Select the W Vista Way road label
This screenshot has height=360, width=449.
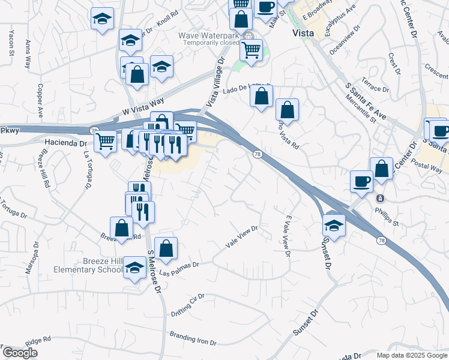pos(142,106)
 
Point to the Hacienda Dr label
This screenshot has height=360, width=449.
pos(67,143)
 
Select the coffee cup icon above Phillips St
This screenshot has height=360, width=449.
pos(362,181)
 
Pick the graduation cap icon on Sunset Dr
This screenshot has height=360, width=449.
pos(333,225)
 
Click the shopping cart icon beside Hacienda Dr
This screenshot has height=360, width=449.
pos(106,142)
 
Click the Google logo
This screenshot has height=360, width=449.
pos(20,353)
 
